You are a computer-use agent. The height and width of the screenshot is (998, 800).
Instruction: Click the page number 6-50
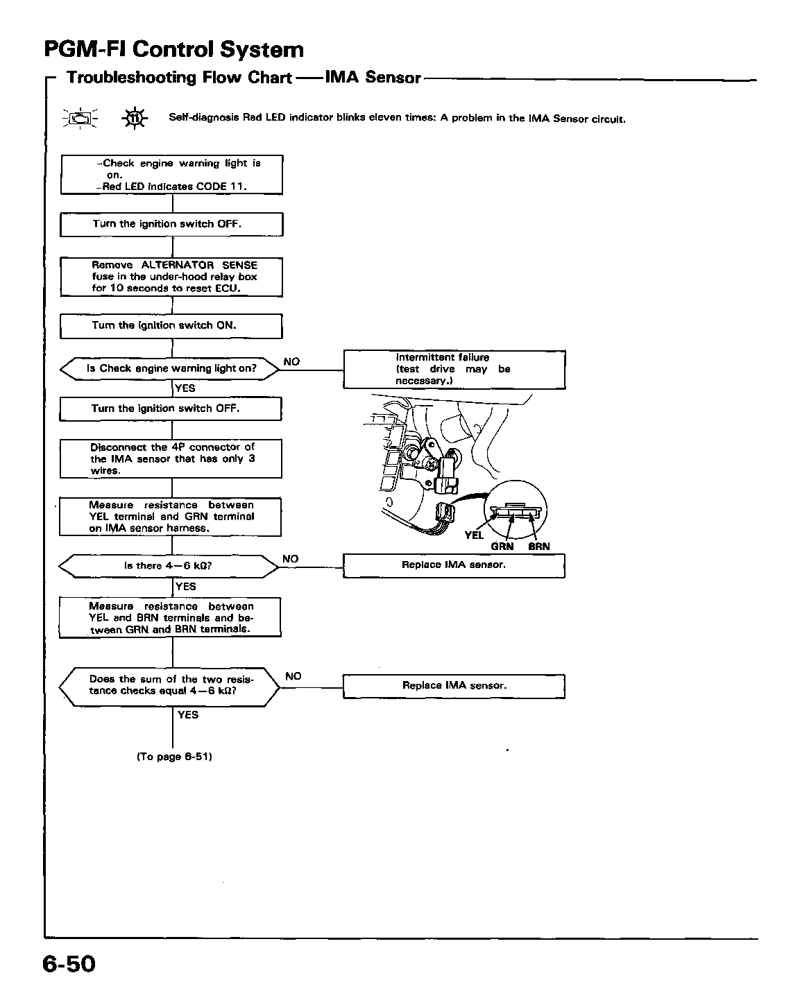(69, 964)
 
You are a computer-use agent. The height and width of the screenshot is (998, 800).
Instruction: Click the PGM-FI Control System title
(174, 49)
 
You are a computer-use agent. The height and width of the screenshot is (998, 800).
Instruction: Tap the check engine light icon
(80, 119)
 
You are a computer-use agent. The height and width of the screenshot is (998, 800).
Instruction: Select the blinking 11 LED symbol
(135, 119)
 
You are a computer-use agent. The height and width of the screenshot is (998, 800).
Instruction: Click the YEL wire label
(474, 535)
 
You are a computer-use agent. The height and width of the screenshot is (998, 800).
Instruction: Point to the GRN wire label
(502, 547)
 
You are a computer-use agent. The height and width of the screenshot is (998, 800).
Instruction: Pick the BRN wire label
(538, 547)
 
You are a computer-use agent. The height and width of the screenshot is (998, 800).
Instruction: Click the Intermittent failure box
(454, 369)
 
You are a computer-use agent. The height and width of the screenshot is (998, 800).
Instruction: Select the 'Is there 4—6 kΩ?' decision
(169, 566)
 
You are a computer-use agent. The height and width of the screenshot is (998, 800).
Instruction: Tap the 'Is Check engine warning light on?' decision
(170, 369)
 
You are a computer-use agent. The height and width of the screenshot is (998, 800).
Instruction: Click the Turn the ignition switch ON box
(171, 326)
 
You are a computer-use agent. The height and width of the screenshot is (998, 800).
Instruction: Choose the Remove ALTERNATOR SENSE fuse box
(171, 277)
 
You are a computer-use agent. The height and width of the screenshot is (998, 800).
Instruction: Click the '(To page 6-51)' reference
(174, 757)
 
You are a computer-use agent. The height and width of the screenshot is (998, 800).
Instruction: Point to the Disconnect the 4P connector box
(171, 458)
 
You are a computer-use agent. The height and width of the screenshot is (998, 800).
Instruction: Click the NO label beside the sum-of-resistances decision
(293, 676)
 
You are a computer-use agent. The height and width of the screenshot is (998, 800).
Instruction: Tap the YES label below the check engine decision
(185, 388)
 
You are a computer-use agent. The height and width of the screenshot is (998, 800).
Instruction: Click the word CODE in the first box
(212, 187)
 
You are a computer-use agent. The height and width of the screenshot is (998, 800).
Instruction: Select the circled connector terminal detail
(516, 510)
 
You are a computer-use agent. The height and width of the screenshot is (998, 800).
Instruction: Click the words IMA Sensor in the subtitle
(373, 77)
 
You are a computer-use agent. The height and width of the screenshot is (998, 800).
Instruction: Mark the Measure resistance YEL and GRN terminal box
(170, 517)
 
